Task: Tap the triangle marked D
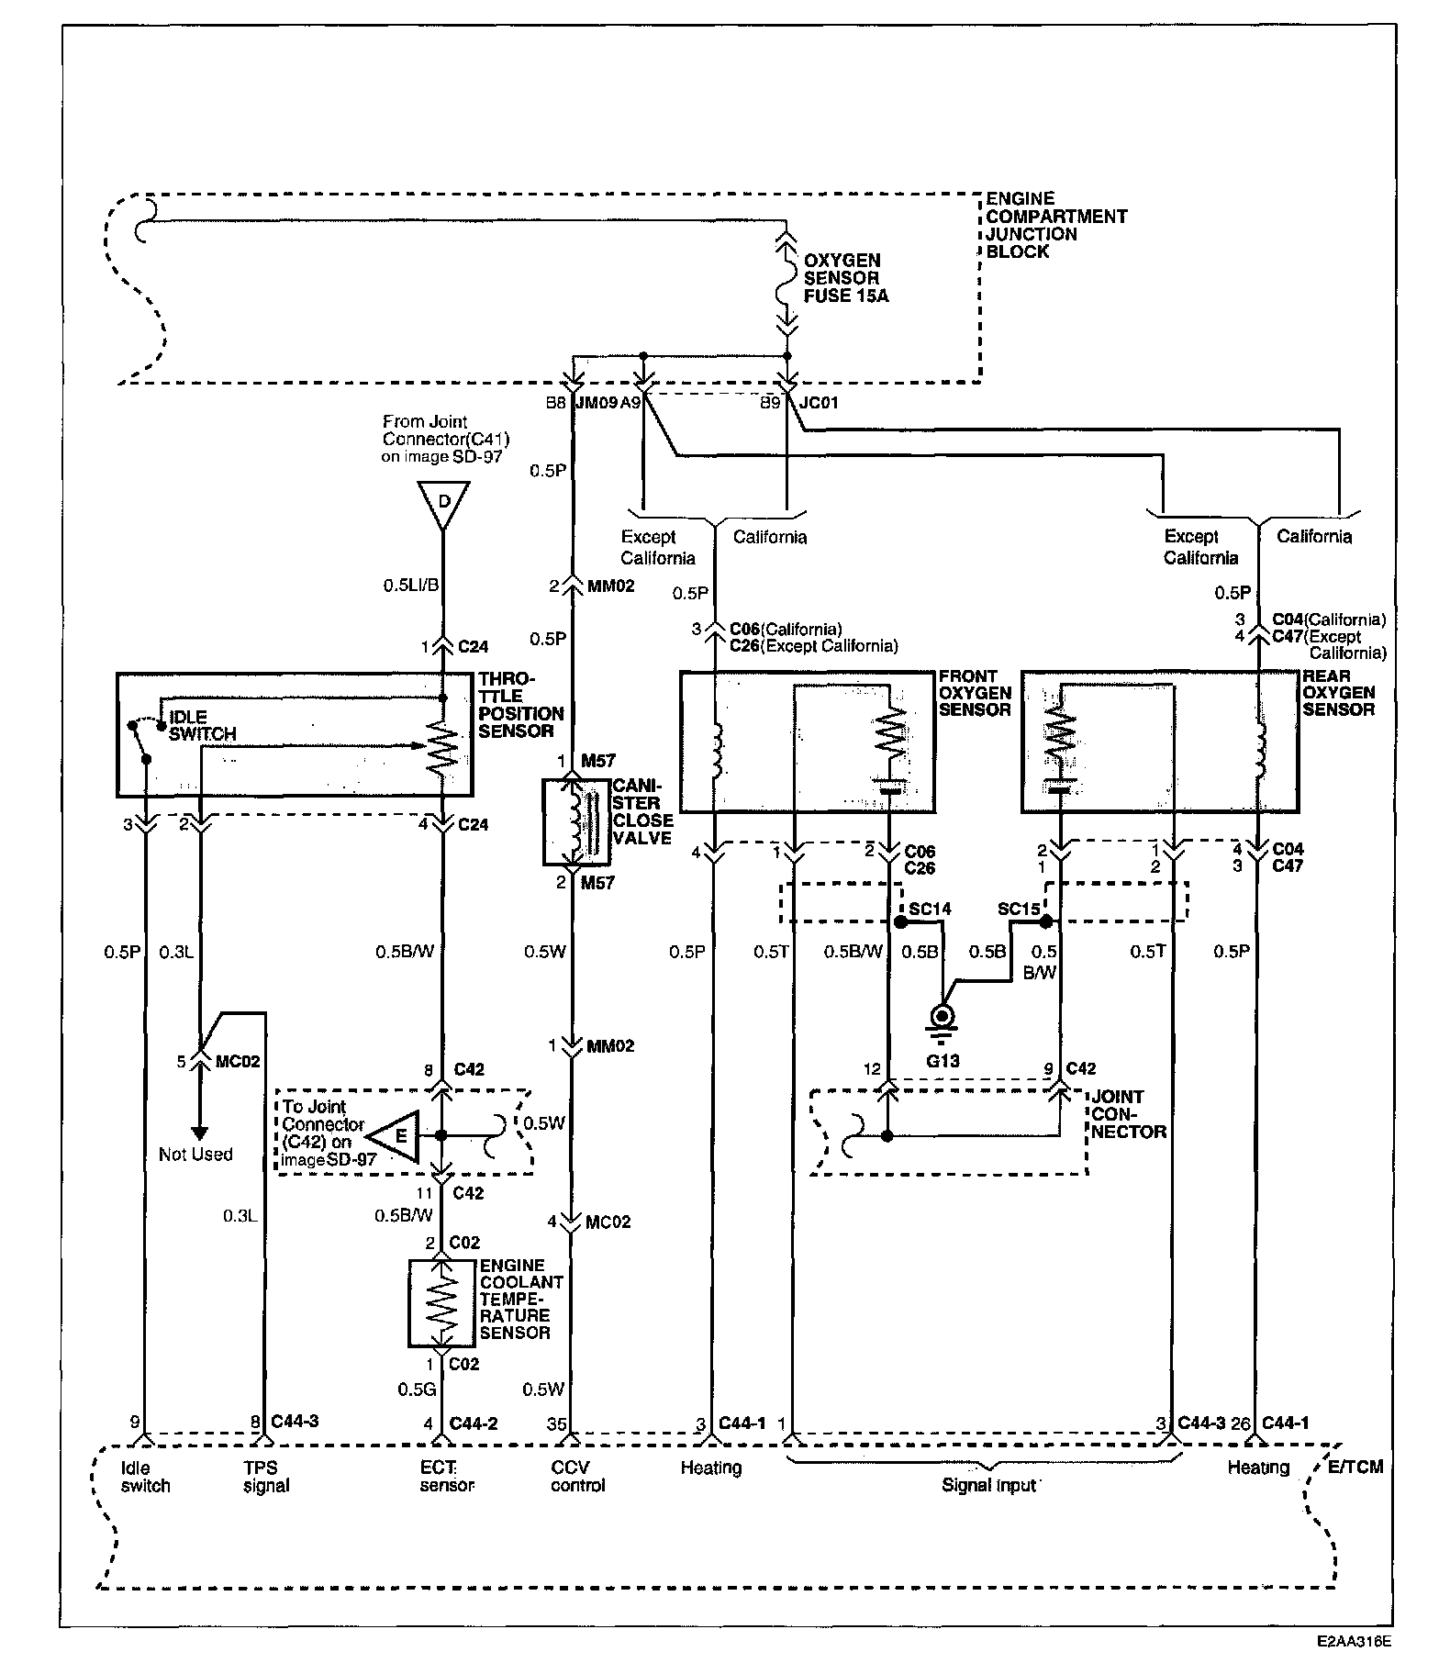tap(443, 503)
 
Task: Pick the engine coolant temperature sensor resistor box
tap(441, 1303)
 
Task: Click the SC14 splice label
tap(931, 910)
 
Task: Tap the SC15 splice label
tap(1019, 910)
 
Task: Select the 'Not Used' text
tap(195, 1155)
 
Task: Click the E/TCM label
tap(1355, 1468)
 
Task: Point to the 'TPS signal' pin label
tap(267, 1477)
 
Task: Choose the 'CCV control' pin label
tap(578, 1477)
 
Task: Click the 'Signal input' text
tap(989, 1485)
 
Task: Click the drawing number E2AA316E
tap(1352, 1640)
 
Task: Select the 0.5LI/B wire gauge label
tap(409, 585)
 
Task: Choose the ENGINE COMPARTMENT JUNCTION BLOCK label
tap(1056, 225)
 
